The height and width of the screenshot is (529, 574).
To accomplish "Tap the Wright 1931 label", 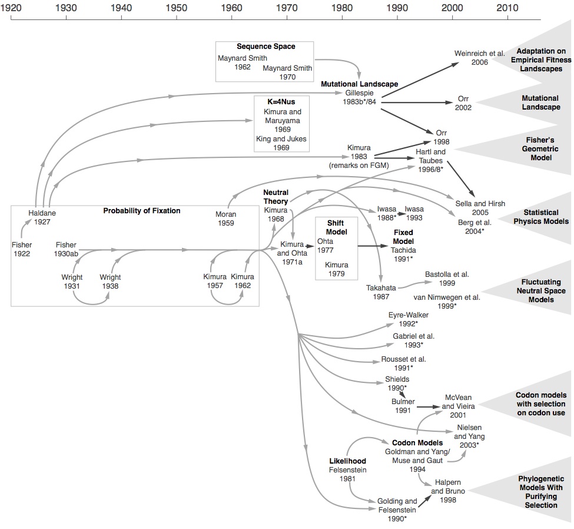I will coord(72,282).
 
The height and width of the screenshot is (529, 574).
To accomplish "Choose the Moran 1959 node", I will coord(225,218).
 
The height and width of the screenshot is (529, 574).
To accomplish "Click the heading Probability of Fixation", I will coord(142,211).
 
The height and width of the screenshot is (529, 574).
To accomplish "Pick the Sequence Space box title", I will coord(266,47).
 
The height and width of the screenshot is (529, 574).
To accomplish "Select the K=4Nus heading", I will coord(282,101).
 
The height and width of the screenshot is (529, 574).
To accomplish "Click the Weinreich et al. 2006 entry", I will coord(479,58).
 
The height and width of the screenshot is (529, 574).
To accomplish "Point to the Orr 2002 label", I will coord(463,103).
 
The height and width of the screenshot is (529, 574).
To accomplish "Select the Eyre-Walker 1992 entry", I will coord(408,319).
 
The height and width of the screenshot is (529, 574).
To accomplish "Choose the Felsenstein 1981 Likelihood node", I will coord(347,469).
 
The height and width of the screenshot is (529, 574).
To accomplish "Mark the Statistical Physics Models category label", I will coord(540,217).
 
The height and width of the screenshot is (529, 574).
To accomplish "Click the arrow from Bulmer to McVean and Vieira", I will coord(426,406).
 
